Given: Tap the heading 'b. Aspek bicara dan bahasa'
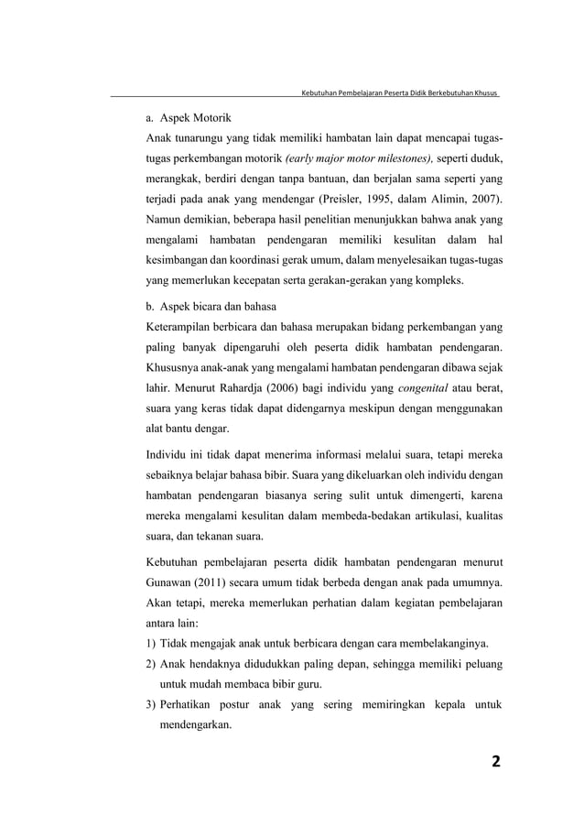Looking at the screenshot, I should (x=211, y=305).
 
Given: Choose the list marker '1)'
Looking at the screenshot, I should (x=152, y=639).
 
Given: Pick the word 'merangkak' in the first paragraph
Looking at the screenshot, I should (x=175, y=179).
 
